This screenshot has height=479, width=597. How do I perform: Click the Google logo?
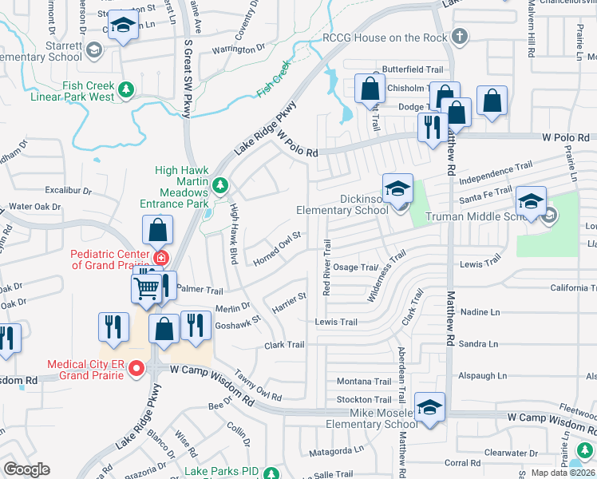tap(26, 469)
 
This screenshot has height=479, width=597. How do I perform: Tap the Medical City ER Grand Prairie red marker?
tap(136, 368)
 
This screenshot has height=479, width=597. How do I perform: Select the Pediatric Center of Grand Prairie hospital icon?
tap(161, 258)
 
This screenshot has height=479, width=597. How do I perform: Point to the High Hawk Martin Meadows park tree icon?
tap(221, 186)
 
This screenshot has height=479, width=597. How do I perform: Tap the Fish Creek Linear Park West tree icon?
tap(125, 87)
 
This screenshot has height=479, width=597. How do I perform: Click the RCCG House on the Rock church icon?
tap(459, 36)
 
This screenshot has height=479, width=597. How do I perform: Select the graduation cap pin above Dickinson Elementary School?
tap(397, 189)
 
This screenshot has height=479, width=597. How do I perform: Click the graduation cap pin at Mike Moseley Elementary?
tap(429, 407)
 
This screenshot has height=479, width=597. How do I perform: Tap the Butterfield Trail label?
tap(413, 69)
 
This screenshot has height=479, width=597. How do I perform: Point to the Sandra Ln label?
tap(479, 344)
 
